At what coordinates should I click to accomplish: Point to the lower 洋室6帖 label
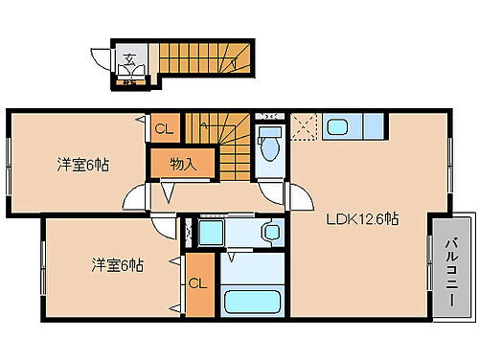pyautogui.click(x=117, y=264)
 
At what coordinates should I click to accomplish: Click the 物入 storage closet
pyautogui.click(x=184, y=164)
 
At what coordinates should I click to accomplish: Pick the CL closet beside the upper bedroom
pyautogui.click(x=164, y=126)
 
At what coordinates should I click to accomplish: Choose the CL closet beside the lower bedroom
pyautogui.click(x=199, y=283)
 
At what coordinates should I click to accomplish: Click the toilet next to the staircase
pyautogui.click(x=269, y=144)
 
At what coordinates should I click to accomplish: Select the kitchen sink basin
pyautogui.click(x=338, y=125)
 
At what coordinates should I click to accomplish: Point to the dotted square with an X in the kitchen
pyautogui.click(x=305, y=125)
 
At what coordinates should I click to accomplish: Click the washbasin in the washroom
pyautogui.click(x=270, y=232)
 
